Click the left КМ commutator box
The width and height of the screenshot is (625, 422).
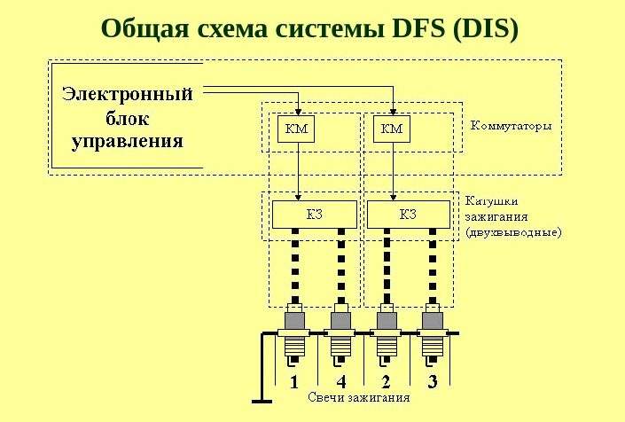pyautogui.click(x=296, y=129)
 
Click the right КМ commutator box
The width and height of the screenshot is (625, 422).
pyautogui.click(x=392, y=129)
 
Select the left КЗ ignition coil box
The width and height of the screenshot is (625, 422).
pyautogui.click(x=315, y=215)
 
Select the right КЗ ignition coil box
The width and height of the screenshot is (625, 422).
pyautogui.click(x=409, y=215)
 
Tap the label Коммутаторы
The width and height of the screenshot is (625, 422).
pyautogui.click(x=512, y=126)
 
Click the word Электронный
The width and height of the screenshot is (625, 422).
pyautogui.click(x=128, y=95)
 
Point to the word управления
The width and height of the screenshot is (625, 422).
pyautogui.click(x=128, y=142)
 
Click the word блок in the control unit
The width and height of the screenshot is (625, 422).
pyautogui.click(x=128, y=118)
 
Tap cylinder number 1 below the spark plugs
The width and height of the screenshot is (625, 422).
pyautogui.click(x=294, y=382)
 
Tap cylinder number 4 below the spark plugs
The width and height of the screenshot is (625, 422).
pyautogui.click(x=341, y=382)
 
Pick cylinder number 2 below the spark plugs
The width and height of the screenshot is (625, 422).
pyautogui.click(x=386, y=382)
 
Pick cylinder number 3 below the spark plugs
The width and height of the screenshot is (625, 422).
pyautogui.click(x=433, y=382)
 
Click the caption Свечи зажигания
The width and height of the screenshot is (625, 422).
pyautogui.click(x=359, y=397)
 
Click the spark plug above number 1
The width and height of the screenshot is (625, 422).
pyautogui.click(x=294, y=334)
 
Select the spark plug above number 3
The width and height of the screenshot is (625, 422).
pyautogui.click(x=433, y=334)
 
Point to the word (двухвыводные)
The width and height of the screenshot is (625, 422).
pyautogui.click(x=513, y=232)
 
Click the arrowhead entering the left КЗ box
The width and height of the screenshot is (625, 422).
pyautogui.click(x=298, y=197)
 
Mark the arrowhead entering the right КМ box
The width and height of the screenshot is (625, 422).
pyautogui.click(x=393, y=112)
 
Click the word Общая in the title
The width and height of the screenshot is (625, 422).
pyautogui.click(x=145, y=29)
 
